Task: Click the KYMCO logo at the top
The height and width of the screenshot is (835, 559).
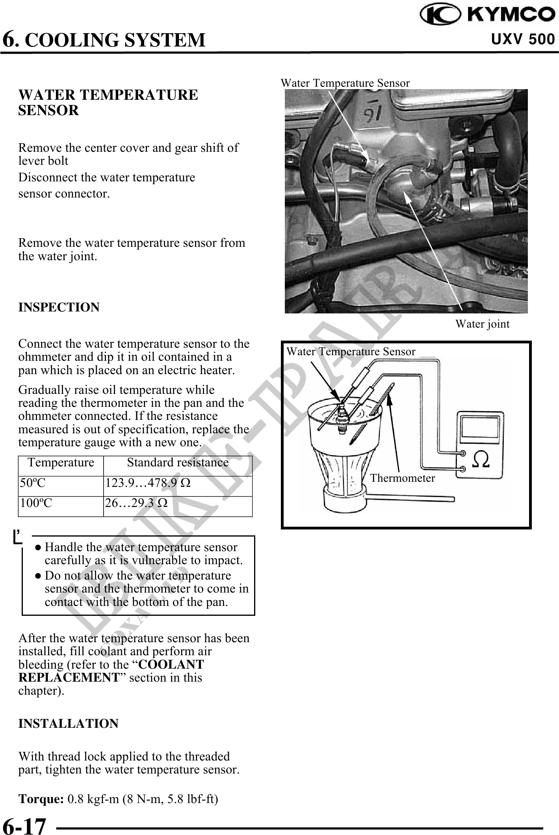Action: click(x=487, y=15)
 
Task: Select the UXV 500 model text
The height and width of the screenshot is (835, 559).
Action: click(x=523, y=39)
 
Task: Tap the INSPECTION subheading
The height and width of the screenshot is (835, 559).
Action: click(x=59, y=307)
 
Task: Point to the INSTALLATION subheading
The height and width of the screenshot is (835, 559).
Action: click(x=68, y=723)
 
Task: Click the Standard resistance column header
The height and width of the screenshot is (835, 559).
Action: click(x=178, y=462)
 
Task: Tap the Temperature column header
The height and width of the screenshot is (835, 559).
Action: click(x=61, y=462)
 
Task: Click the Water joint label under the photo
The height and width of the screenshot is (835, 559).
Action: click(x=482, y=324)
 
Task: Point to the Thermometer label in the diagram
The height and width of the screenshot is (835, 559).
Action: click(x=402, y=478)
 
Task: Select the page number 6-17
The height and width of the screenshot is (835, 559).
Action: click(x=24, y=825)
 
